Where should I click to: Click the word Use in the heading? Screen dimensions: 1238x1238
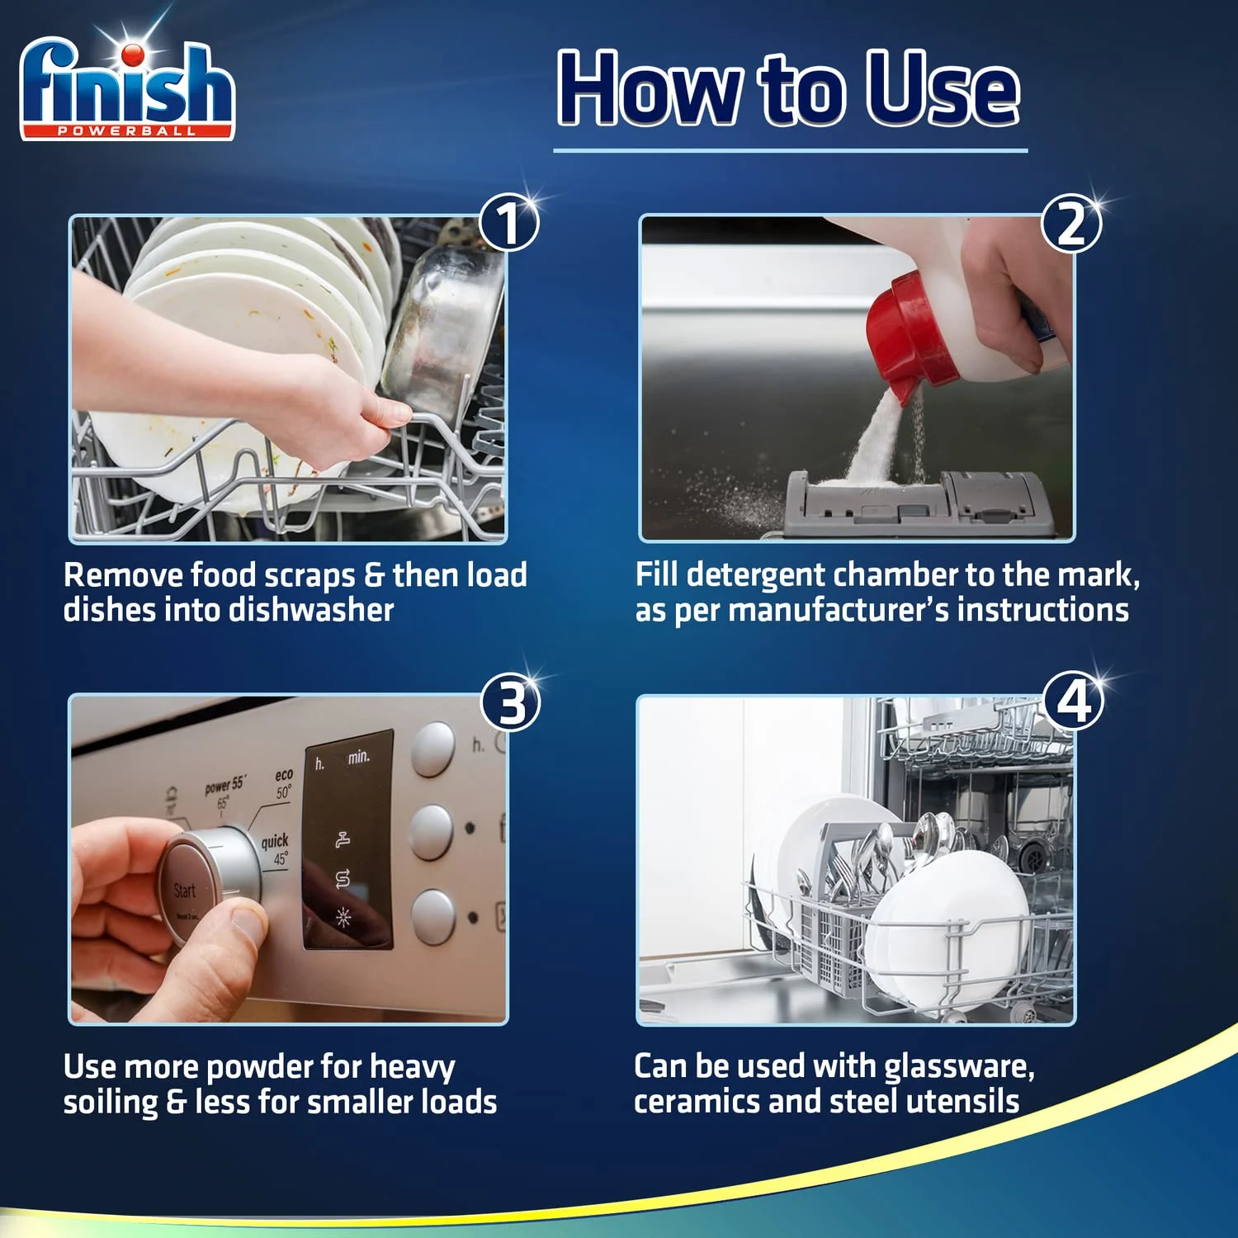click(x=942, y=89)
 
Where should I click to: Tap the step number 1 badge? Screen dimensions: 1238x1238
click(x=509, y=223)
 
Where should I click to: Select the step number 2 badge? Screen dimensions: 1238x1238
click(x=1070, y=223)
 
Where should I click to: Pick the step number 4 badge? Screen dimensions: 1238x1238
click(x=1073, y=702)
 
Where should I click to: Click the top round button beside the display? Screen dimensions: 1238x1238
click(x=432, y=749)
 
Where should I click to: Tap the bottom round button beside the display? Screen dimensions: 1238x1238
click(x=432, y=916)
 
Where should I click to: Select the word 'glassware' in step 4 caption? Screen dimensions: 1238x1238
click(x=958, y=1066)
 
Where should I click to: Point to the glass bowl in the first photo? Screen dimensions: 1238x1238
click(x=446, y=330)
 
